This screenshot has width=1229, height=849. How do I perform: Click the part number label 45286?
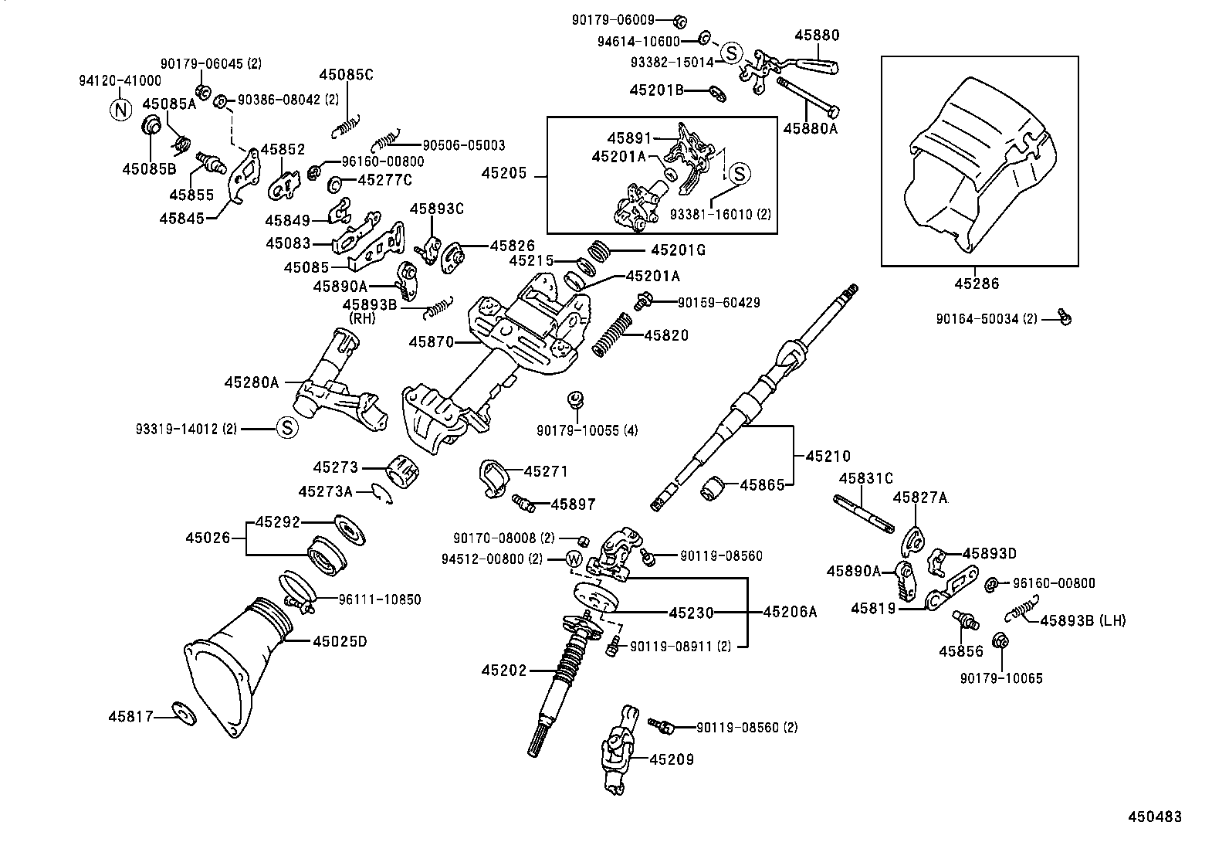point(977,284)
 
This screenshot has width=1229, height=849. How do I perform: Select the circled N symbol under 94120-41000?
point(120,110)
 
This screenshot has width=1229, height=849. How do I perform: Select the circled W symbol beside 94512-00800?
point(575,559)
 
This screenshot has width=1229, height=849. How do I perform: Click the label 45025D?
point(340,640)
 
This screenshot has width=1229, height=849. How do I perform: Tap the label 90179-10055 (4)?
point(587,430)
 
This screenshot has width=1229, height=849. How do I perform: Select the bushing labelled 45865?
point(714,489)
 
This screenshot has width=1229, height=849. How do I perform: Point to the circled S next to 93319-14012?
point(286,427)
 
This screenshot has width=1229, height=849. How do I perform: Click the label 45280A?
point(252,382)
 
